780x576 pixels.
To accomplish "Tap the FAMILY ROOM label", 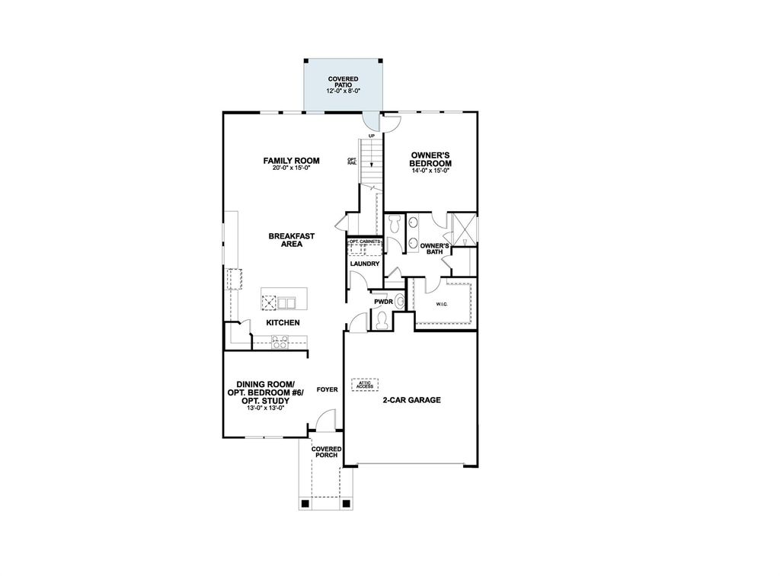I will point(291,161).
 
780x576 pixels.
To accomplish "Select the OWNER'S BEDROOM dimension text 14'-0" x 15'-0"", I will point(430,171).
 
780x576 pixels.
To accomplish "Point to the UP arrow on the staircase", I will point(371,136).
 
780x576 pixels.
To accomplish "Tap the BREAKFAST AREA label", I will point(291,240).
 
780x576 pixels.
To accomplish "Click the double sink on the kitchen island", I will point(287,302).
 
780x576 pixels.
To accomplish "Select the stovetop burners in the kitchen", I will point(279,344).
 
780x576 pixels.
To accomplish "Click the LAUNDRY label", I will point(364,264).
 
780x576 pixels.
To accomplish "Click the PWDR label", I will point(382,302).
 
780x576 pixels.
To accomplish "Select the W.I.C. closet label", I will point(442,305).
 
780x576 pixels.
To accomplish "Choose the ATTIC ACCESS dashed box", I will point(365,386).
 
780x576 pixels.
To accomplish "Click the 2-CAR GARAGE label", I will point(411,399).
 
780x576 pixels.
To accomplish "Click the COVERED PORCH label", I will point(326,452).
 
